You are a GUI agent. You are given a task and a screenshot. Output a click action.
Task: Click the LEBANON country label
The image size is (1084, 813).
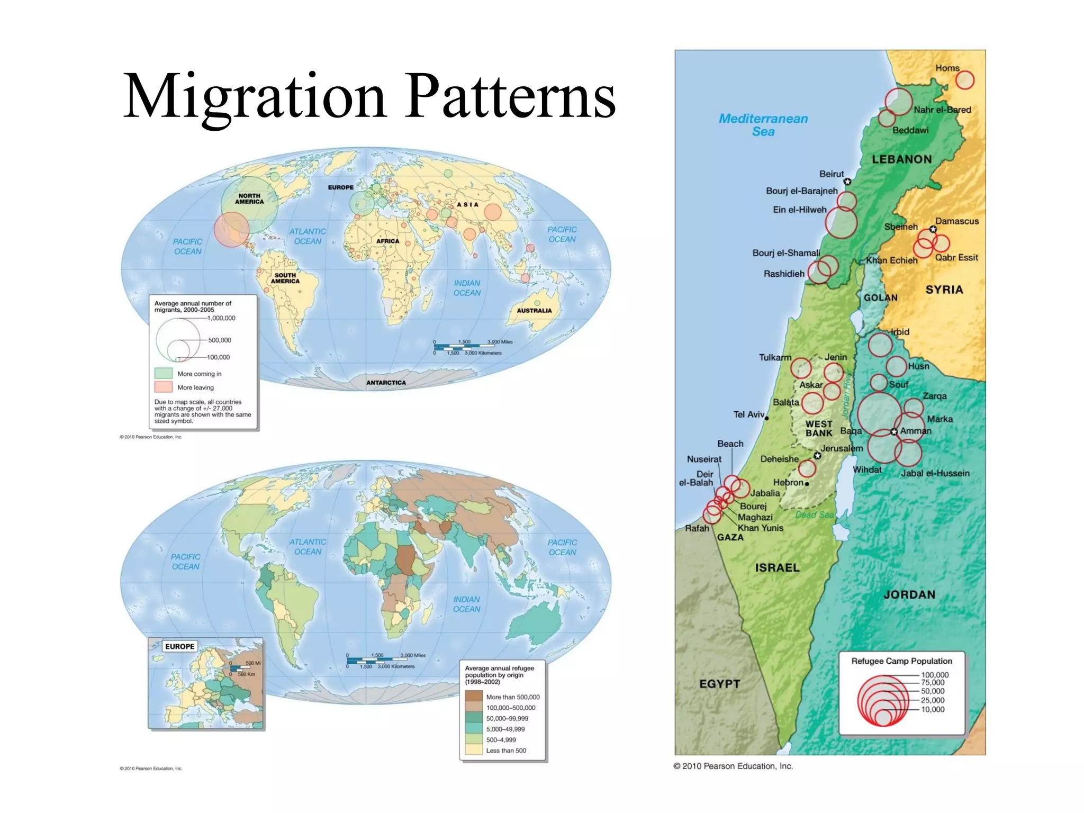901,159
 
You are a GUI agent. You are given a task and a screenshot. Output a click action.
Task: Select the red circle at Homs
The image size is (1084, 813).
964,80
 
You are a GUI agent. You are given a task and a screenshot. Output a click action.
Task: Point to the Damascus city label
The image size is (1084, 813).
956,221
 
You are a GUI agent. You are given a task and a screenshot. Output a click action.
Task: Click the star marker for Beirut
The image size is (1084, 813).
847,182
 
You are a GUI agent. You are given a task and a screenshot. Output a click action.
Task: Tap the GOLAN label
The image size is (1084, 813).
880,298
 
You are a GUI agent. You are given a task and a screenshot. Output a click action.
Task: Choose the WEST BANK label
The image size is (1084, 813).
819,429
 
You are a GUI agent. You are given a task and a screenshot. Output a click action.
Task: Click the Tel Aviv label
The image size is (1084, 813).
748,414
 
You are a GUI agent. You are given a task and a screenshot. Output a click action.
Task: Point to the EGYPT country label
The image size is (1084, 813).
719,684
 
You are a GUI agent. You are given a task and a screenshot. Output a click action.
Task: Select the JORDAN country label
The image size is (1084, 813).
909,595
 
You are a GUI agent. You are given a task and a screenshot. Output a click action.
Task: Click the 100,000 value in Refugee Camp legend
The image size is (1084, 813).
935,675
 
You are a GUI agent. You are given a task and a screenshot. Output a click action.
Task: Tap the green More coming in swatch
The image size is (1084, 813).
164,373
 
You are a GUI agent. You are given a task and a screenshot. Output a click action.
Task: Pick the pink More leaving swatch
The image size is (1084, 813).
164,387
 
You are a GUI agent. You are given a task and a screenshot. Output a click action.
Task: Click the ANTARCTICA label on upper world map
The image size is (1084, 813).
386,383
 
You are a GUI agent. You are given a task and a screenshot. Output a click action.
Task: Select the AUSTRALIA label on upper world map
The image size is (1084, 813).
534,311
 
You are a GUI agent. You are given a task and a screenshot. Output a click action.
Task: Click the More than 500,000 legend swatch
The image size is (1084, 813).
474,697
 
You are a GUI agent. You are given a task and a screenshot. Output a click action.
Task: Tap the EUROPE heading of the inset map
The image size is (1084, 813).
179,646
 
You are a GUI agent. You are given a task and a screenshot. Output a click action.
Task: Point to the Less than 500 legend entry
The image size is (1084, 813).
505,751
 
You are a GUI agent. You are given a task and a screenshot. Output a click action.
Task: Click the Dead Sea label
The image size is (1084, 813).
814,515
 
